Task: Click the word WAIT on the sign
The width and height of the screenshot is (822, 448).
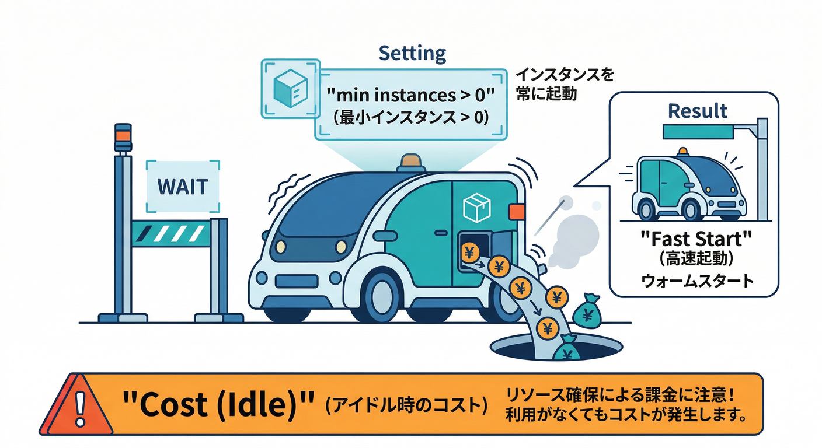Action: pos(182,187)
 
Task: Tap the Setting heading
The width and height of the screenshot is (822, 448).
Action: pos(412,54)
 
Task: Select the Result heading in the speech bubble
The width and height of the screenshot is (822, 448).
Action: pos(698,111)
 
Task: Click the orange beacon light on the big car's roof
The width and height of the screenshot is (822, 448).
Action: pos(412,162)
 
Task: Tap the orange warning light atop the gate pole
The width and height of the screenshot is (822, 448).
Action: pos(123,134)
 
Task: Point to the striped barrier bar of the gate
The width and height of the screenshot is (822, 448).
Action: pos(170,234)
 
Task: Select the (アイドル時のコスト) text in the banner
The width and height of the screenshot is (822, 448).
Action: pos(406,405)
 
